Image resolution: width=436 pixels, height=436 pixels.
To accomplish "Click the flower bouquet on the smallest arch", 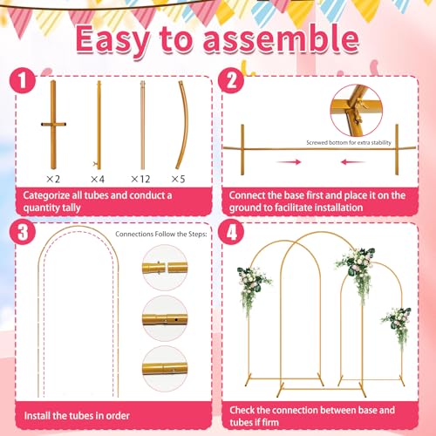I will point(397,323).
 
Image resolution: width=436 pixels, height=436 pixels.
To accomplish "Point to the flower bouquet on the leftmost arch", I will point(252,283).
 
